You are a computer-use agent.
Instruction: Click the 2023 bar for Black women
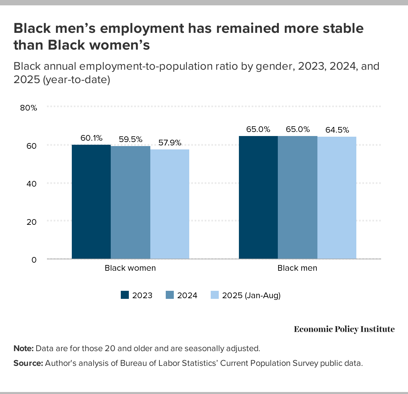point(91,202)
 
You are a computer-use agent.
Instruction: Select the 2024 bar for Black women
point(131,202)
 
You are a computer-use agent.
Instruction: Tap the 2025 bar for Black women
point(170,204)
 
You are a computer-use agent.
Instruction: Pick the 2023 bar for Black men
point(258,197)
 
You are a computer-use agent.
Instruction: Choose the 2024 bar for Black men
point(298,197)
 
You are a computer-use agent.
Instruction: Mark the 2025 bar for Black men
point(337,198)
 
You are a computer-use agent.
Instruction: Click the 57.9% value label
point(170,143)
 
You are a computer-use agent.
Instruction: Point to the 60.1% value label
point(91,138)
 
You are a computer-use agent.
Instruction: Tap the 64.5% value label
point(337,130)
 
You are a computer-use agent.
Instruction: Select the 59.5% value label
point(131,139)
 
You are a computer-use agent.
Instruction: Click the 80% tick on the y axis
point(29,108)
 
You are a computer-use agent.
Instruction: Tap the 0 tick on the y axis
point(34,260)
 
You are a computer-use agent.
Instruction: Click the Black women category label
point(130,268)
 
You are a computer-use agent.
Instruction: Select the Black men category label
point(297,268)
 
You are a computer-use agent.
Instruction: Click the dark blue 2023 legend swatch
point(125,295)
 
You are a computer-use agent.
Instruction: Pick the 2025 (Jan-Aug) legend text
point(251,295)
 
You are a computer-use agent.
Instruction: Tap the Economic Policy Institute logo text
point(344,329)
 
